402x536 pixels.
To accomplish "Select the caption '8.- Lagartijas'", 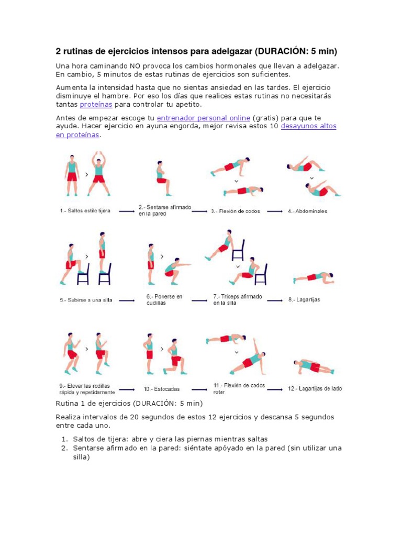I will click(x=304, y=300).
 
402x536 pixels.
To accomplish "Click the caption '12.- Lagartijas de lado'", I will click(x=315, y=389).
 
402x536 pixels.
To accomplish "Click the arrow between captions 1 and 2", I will click(x=127, y=211).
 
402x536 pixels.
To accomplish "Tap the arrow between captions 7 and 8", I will click(x=274, y=300).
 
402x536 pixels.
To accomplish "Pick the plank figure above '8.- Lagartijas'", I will click(x=314, y=277).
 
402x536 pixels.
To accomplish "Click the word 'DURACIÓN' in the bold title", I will click(x=285, y=51).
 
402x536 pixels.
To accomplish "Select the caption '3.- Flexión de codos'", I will click(x=235, y=211).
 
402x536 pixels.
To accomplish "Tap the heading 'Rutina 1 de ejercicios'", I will click(x=93, y=403).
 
